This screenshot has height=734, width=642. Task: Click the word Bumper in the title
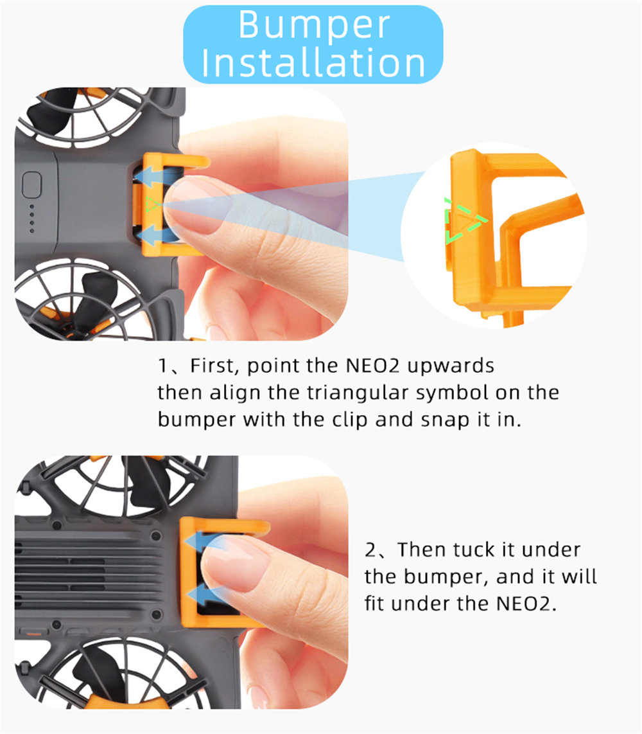click(314, 26)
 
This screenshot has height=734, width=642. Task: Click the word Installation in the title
click(313, 63)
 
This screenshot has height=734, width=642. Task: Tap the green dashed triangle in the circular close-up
click(465, 220)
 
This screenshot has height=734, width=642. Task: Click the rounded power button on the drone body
click(32, 185)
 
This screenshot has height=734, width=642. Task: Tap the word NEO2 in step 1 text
click(372, 366)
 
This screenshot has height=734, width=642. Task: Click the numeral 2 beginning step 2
click(370, 550)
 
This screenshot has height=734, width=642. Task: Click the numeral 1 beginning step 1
click(162, 366)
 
